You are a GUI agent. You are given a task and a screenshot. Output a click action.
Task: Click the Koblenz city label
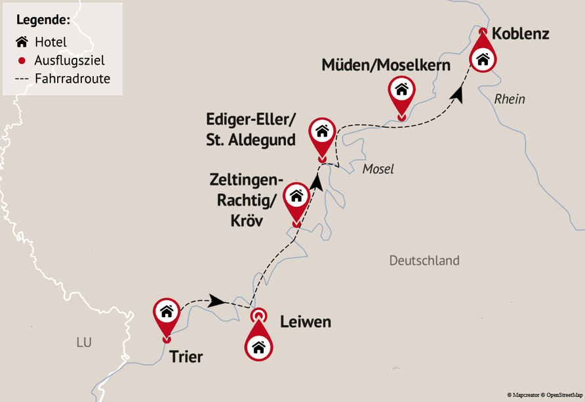[520, 33]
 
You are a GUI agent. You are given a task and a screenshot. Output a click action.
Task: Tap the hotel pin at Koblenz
[483, 58]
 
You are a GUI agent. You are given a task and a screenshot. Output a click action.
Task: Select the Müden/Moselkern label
[386, 65]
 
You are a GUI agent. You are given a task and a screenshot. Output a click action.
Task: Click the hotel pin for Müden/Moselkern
[401, 92]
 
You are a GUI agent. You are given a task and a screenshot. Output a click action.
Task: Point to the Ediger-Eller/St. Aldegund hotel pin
[322, 133]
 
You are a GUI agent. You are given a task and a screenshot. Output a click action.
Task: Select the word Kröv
[247, 221]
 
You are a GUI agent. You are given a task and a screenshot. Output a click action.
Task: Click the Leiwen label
[305, 322]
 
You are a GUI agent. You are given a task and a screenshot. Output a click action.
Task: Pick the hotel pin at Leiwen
[258, 344]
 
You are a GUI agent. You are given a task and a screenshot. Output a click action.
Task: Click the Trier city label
[186, 357]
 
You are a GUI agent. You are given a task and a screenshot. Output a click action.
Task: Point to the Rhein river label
[510, 99]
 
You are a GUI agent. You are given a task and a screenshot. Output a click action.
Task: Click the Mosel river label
[378, 169]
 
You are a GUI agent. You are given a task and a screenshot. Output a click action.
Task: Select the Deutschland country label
[424, 261]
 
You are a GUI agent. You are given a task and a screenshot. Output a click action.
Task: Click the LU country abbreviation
[83, 342]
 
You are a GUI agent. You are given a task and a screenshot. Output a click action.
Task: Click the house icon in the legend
[22, 42]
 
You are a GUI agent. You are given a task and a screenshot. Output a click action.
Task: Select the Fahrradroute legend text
[72, 79]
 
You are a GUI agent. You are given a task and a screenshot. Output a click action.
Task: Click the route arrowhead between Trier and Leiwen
[217, 301]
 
